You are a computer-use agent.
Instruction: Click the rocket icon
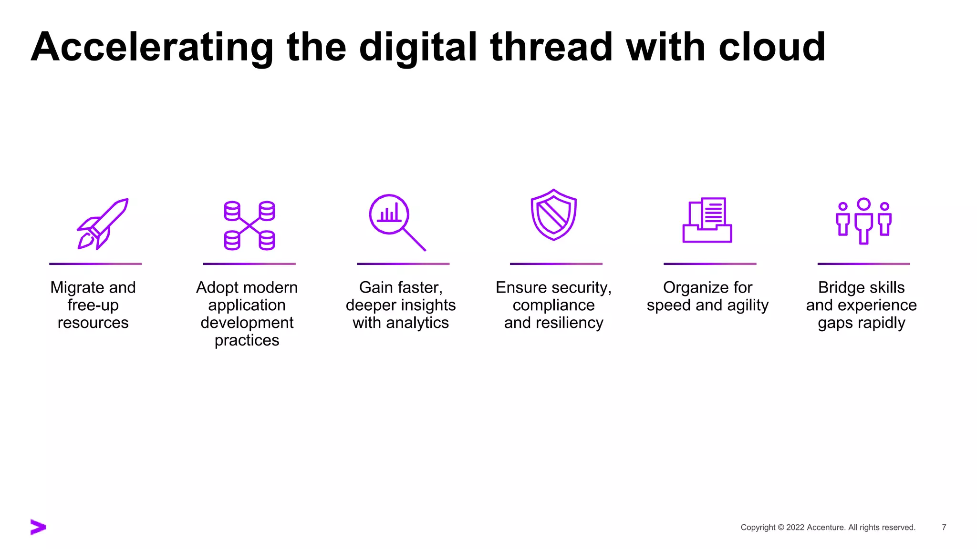tap(103, 223)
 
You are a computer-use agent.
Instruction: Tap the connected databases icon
tap(249, 225)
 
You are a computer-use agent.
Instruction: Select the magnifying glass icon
tap(396, 221)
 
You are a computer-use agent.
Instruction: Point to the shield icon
tap(553, 215)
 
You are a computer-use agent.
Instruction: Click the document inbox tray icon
tap(707, 220)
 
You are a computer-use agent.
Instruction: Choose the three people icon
tap(863, 221)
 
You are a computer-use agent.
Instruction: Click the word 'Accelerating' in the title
tap(152, 48)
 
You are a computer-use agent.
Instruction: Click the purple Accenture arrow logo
tap(38, 527)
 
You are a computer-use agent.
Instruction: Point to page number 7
tap(944, 527)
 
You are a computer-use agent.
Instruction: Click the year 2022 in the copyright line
tap(795, 528)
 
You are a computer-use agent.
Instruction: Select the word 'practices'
tap(247, 341)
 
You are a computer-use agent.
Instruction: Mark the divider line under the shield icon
tap(556, 264)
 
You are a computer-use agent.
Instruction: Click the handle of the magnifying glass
tap(414, 239)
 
